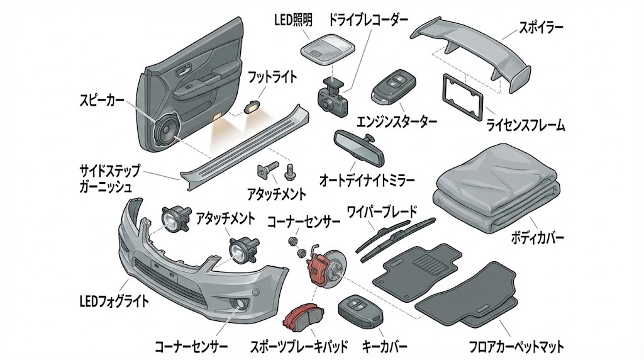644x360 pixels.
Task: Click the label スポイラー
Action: click(x=540, y=27)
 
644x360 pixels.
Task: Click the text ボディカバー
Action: click(x=535, y=239)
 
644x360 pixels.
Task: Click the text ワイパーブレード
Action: click(x=382, y=212)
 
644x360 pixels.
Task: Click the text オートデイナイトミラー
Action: click(x=368, y=180)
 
